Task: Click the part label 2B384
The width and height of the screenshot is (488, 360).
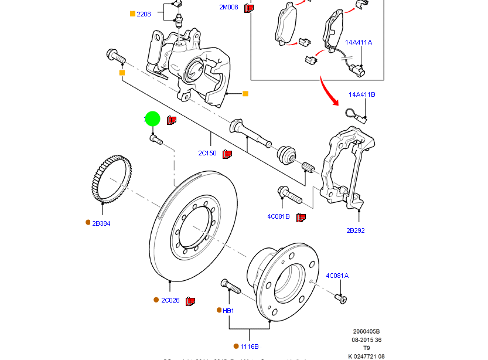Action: tap(101, 223)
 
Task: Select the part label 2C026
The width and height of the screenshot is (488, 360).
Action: tap(170, 300)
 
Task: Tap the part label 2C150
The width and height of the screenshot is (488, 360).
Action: tap(207, 154)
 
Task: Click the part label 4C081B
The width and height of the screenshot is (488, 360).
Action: tap(278, 216)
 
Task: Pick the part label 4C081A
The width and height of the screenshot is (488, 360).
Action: tap(337, 276)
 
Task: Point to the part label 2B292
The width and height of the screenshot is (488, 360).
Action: tap(355, 230)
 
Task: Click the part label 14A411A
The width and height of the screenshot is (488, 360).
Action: tap(358, 42)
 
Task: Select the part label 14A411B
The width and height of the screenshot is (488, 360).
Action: tap(361, 94)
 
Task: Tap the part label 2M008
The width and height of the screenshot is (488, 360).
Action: tap(230, 8)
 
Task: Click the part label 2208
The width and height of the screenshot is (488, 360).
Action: tap(144, 13)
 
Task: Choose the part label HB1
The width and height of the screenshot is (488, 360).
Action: tap(228, 311)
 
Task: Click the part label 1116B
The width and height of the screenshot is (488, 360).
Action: tap(249, 347)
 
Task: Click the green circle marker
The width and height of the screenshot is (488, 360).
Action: tap(152, 119)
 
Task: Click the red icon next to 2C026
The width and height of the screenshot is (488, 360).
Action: tap(190, 301)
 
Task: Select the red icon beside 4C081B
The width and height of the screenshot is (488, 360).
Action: tap(301, 218)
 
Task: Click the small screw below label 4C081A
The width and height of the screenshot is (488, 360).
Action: tap(341, 300)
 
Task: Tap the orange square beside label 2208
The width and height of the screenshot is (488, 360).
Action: tap(132, 13)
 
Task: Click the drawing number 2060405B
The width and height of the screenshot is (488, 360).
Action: tap(366, 331)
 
